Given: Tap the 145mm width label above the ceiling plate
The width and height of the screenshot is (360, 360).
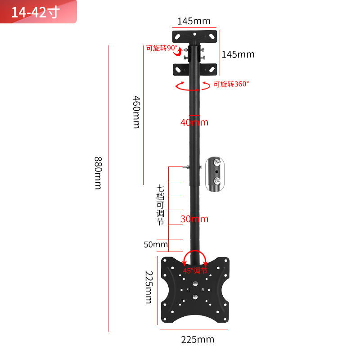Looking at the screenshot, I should (x=193, y=21).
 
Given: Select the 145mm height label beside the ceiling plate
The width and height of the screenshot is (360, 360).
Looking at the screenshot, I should (x=238, y=54).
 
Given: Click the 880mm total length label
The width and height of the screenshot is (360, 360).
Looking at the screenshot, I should (x=98, y=173).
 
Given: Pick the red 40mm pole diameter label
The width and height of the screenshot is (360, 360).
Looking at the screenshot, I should (x=194, y=122).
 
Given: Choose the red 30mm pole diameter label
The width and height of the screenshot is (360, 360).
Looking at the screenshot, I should (x=194, y=219).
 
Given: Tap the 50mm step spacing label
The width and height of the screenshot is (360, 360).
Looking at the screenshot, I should (x=156, y=245).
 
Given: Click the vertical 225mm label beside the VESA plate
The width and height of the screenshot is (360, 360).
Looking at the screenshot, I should (x=148, y=287).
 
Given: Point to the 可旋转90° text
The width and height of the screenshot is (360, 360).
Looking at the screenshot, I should (x=162, y=48).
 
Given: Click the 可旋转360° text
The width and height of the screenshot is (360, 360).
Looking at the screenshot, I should (x=231, y=84).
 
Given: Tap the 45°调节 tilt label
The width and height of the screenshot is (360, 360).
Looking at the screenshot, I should (x=195, y=271).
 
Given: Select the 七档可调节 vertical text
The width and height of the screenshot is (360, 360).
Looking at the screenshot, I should (x=160, y=205).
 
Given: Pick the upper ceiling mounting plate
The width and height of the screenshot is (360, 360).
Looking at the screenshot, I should (x=195, y=35).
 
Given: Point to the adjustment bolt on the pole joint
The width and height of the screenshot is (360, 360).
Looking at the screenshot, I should (x=187, y=167).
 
